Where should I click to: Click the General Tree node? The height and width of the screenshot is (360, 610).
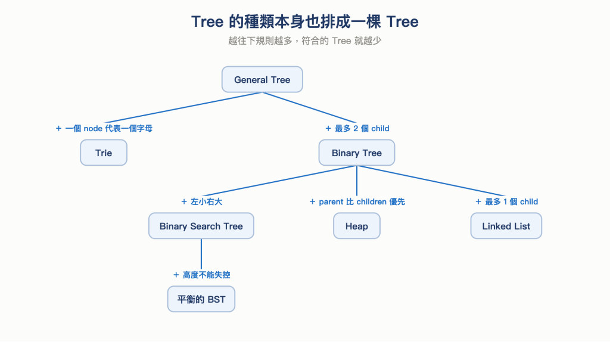(x=262, y=79)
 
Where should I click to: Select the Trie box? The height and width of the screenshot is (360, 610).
(x=104, y=153)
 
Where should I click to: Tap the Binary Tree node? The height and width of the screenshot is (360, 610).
(x=357, y=153)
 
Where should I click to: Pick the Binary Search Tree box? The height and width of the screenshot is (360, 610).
(x=201, y=226)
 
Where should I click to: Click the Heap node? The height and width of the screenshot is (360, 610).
(x=357, y=226)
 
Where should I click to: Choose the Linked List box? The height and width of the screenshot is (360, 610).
(x=506, y=226)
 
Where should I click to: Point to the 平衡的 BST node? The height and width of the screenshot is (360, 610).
(x=201, y=299)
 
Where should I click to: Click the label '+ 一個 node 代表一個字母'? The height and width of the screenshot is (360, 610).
(x=104, y=128)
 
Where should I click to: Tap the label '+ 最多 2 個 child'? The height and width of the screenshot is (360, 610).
(x=357, y=128)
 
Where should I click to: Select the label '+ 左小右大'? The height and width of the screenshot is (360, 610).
(x=201, y=201)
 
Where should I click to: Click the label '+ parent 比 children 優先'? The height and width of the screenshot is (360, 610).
(x=357, y=201)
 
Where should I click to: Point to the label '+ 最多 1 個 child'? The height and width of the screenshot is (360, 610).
(x=506, y=201)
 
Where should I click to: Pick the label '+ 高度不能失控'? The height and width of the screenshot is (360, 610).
(x=201, y=275)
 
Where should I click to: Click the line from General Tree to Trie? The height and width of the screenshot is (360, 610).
(x=183, y=108)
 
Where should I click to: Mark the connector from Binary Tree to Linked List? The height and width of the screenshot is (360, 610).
(x=431, y=181)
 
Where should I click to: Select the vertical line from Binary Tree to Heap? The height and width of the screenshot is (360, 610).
(x=357, y=181)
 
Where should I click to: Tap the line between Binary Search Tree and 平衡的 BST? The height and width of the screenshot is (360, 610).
(x=201, y=254)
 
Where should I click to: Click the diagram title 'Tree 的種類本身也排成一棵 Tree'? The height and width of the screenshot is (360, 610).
(x=305, y=22)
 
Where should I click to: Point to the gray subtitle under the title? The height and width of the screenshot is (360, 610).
(x=305, y=41)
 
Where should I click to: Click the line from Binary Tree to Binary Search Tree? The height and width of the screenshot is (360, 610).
(x=279, y=181)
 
